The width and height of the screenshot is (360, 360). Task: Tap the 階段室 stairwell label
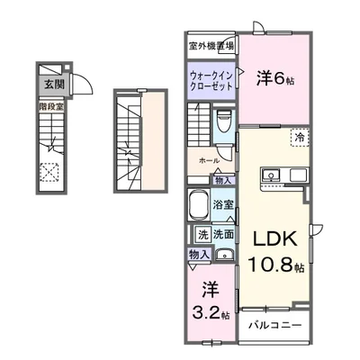click(49, 107)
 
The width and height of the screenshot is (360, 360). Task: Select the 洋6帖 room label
click(274, 77)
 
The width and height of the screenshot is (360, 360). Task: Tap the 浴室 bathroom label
click(224, 204)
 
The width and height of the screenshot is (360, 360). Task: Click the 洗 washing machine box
click(202, 235)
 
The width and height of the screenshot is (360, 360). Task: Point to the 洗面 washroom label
click(224, 235)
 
